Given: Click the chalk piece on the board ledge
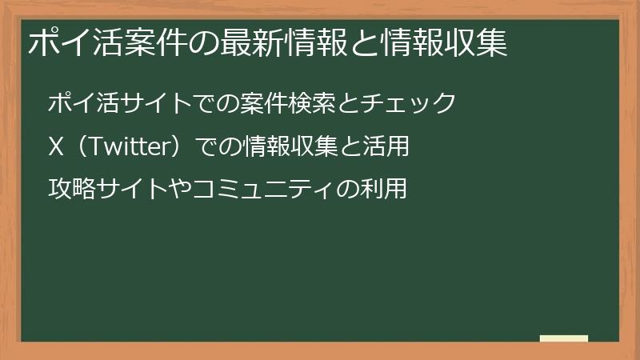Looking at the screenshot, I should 563,338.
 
